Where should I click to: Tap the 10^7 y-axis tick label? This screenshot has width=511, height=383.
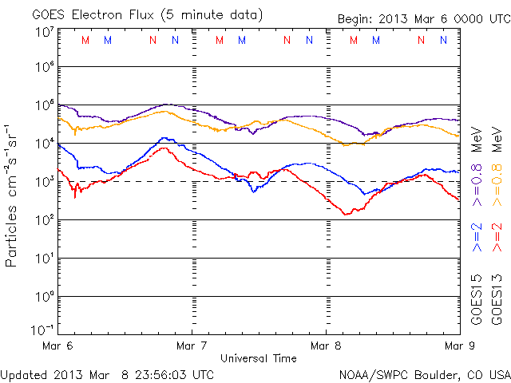[x=45, y=32]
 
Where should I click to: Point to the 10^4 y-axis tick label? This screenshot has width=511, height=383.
[x=45, y=144]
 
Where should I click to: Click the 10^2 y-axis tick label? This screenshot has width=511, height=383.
[x=45, y=220]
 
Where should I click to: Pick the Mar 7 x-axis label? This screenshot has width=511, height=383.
[x=192, y=345]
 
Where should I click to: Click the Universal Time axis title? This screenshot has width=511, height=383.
[x=258, y=358]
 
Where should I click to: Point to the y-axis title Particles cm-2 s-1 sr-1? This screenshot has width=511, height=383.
[x=14, y=195]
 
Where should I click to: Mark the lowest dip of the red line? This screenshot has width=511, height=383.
[x=346, y=215]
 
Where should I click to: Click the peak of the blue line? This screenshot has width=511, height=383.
[x=164, y=138]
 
